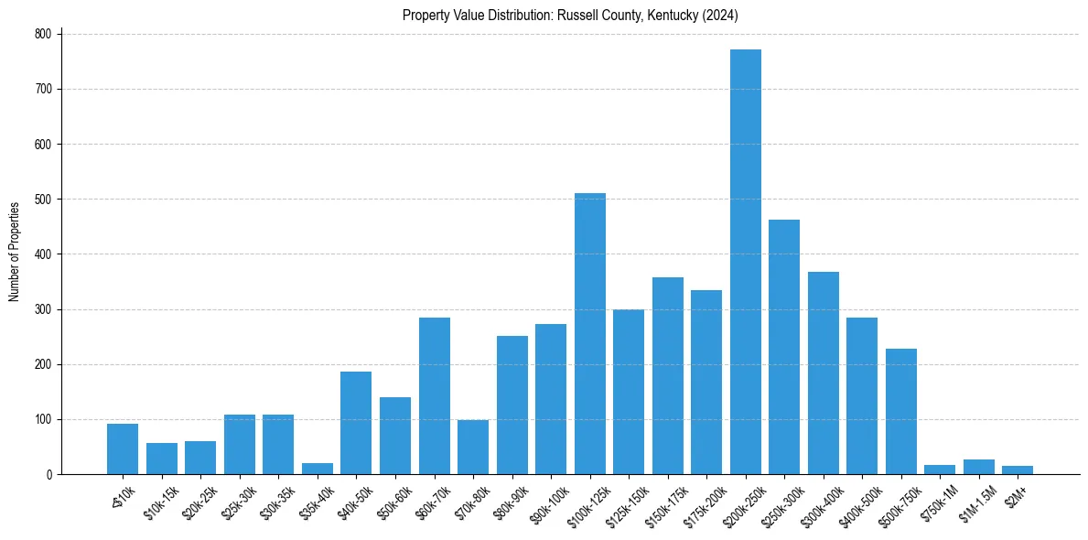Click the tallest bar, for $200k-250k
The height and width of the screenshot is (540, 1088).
tap(745, 262)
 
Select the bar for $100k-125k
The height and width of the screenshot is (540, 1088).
tap(589, 334)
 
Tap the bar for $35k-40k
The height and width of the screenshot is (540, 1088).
tap(318, 469)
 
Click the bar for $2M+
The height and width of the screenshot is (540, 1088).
tap(1017, 470)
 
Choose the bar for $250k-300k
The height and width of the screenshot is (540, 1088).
tap(784, 347)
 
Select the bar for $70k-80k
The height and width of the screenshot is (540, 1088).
tap(473, 448)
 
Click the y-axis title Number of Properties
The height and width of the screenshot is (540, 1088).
tap(14, 252)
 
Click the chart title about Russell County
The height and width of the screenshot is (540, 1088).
tap(570, 16)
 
